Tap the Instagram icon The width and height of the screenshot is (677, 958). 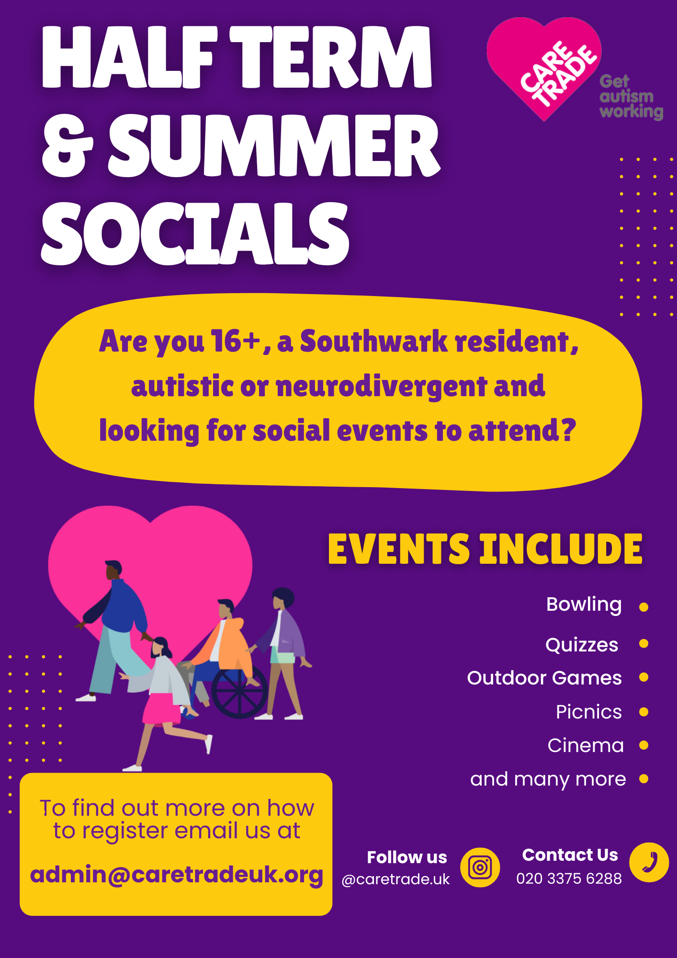point(480,867)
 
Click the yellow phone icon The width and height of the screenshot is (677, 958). point(649,862)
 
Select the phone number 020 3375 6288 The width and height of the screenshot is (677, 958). point(569,878)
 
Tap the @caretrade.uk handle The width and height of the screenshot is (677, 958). point(396,879)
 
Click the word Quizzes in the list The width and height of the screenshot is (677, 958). point(582,645)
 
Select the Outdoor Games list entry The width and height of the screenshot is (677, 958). point(544,678)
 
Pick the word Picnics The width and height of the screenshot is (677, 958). point(589,712)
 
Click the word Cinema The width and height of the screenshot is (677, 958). point(586,745)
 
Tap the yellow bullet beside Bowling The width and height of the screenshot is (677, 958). point(644,607)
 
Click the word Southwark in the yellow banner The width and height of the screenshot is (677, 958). point(373,341)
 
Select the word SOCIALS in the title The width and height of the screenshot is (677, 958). point(196,233)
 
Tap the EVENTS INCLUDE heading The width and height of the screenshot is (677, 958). point(485,549)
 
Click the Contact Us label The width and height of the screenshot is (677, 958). point(570,855)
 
